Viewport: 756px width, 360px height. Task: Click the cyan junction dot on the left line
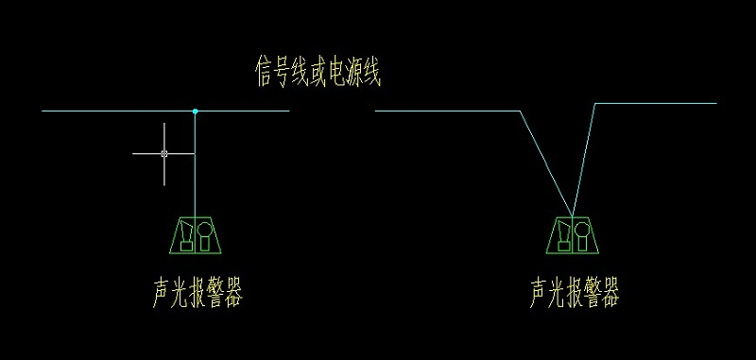pos(195,111)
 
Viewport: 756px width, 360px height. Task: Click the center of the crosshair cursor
pos(164,152)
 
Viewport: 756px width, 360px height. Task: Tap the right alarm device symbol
pos(573,235)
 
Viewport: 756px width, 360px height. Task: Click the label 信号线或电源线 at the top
pos(318,72)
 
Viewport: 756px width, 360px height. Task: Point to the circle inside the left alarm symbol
pos(205,230)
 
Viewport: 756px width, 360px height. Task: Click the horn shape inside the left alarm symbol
pos(186,231)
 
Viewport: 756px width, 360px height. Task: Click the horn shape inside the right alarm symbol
pos(564,231)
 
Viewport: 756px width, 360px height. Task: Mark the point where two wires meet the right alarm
pos(573,215)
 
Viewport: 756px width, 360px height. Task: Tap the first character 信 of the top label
pos(265,72)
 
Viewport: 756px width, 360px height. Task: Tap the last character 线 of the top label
pos(372,72)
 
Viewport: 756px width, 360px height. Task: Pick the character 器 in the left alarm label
pos(232,294)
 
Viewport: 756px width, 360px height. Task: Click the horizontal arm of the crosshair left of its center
pos(146,152)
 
